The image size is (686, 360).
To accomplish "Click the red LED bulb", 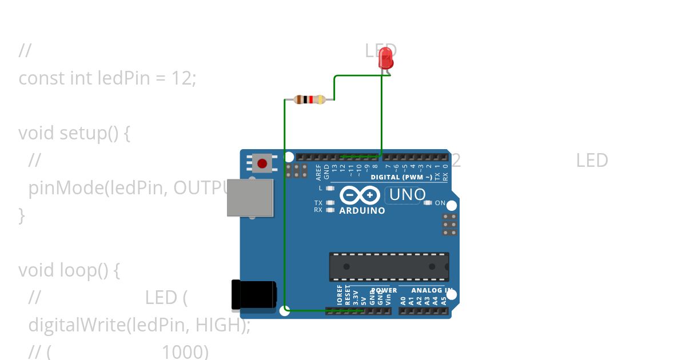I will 387,59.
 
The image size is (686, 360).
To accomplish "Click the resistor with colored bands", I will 309,99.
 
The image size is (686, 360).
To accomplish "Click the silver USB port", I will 250,198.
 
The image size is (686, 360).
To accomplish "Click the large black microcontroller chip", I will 389,267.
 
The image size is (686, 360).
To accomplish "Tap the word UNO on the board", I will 407,195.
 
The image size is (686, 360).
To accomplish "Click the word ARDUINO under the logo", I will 362,210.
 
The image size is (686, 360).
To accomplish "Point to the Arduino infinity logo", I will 360,195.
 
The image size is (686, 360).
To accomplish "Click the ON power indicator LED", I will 428,203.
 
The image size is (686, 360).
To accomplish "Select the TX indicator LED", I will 330,203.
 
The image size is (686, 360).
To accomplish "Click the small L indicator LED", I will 330,188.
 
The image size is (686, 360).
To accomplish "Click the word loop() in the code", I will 89,270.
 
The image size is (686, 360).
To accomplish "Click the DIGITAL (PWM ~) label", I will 401,177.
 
